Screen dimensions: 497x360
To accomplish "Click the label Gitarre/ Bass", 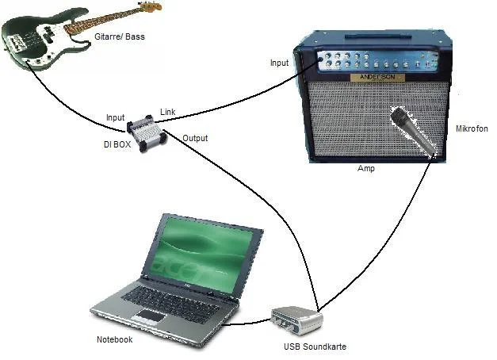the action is [x=120, y=36].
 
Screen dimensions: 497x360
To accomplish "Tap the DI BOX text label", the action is [x=117, y=144].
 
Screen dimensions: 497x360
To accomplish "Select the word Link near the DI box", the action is [x=168, y=112].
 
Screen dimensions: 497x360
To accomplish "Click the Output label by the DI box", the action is [x=195, y=138].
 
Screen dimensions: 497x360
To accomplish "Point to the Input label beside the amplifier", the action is [x=279, y=63].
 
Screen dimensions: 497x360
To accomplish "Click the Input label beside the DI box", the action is [x=116, y=117].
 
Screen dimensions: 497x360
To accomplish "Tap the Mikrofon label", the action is [x=472, y=128].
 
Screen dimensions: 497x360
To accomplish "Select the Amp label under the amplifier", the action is [x=366, y=168].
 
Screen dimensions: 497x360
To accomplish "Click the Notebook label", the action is [x=114, y=339].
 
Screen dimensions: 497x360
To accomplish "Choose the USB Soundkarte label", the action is [x=315, y=347].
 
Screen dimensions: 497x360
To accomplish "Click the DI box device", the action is [x=147, y=132].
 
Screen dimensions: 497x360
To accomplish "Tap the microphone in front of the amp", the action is [x=413, y=132].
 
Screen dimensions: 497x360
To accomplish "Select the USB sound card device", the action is [x=297, y=320].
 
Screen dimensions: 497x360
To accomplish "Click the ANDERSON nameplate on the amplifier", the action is [x=377, y=78].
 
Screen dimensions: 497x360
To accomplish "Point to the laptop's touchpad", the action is [x=151, y=316].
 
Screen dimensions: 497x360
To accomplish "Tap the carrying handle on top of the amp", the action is [x=378, y=36].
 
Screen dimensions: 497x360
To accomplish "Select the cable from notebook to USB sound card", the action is [x=247, y=323].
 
